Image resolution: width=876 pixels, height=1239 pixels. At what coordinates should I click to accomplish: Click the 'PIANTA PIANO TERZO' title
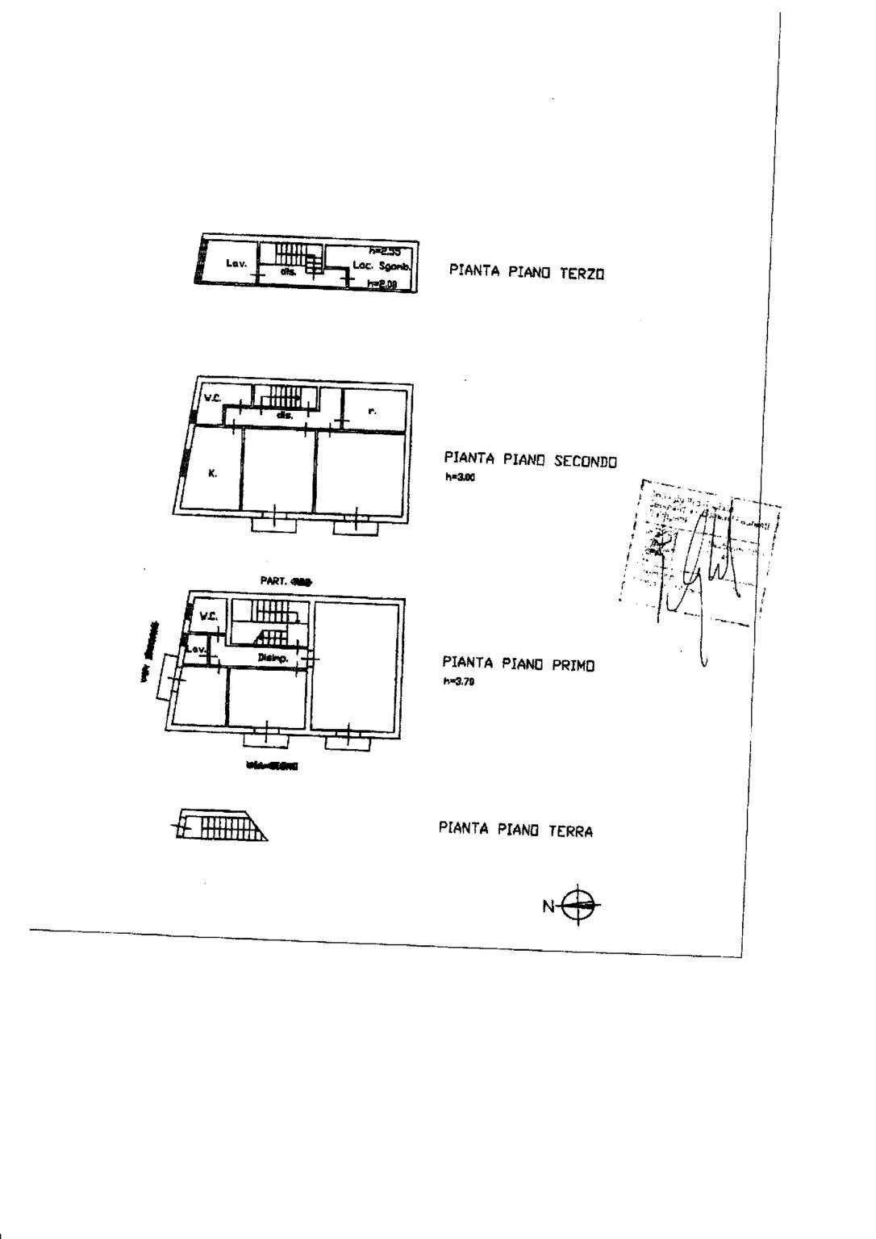click(526, 272)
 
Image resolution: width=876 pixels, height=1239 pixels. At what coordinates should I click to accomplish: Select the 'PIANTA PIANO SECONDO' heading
click(530, 461)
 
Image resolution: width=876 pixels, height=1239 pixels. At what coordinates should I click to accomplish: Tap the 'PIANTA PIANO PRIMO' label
click(518, 664)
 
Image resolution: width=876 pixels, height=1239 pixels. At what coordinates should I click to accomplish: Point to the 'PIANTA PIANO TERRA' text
click(515, 829)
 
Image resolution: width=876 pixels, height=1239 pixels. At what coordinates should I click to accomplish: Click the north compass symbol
click(580, 906)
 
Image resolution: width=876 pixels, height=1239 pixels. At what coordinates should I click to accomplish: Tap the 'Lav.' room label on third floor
click(235, 263)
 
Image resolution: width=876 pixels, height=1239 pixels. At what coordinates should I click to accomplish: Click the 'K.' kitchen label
click(212, 474)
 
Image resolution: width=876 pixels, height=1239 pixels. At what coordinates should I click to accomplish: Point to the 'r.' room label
click(371, 411)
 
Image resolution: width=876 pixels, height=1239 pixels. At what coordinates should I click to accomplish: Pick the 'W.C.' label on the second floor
click(212, 397)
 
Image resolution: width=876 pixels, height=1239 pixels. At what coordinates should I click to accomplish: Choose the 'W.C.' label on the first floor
click(208, 617)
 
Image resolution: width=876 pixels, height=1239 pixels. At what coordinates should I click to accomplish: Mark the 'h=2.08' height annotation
click(382, 283)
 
